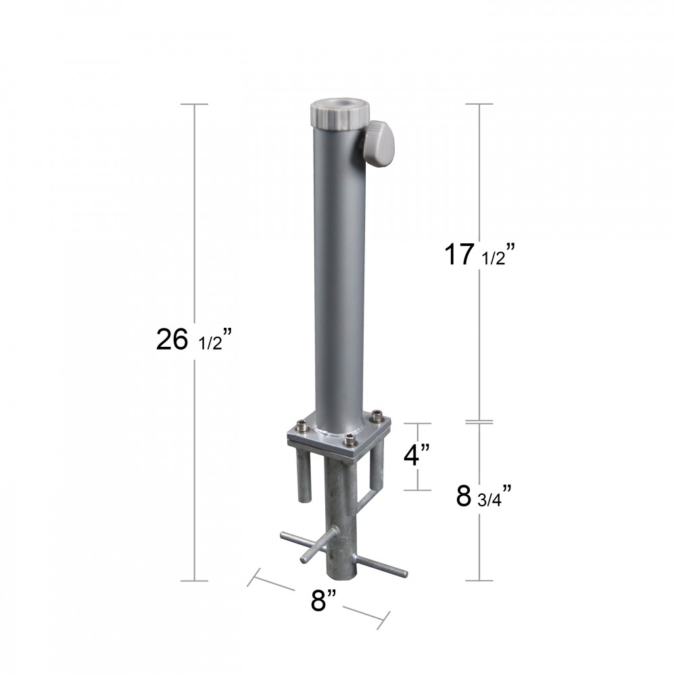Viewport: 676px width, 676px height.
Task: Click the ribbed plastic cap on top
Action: (x=340, y=114)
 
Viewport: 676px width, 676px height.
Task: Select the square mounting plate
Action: (x=339, y=435)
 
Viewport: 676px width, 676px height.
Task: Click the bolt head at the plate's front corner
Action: (x=350, y=442)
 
